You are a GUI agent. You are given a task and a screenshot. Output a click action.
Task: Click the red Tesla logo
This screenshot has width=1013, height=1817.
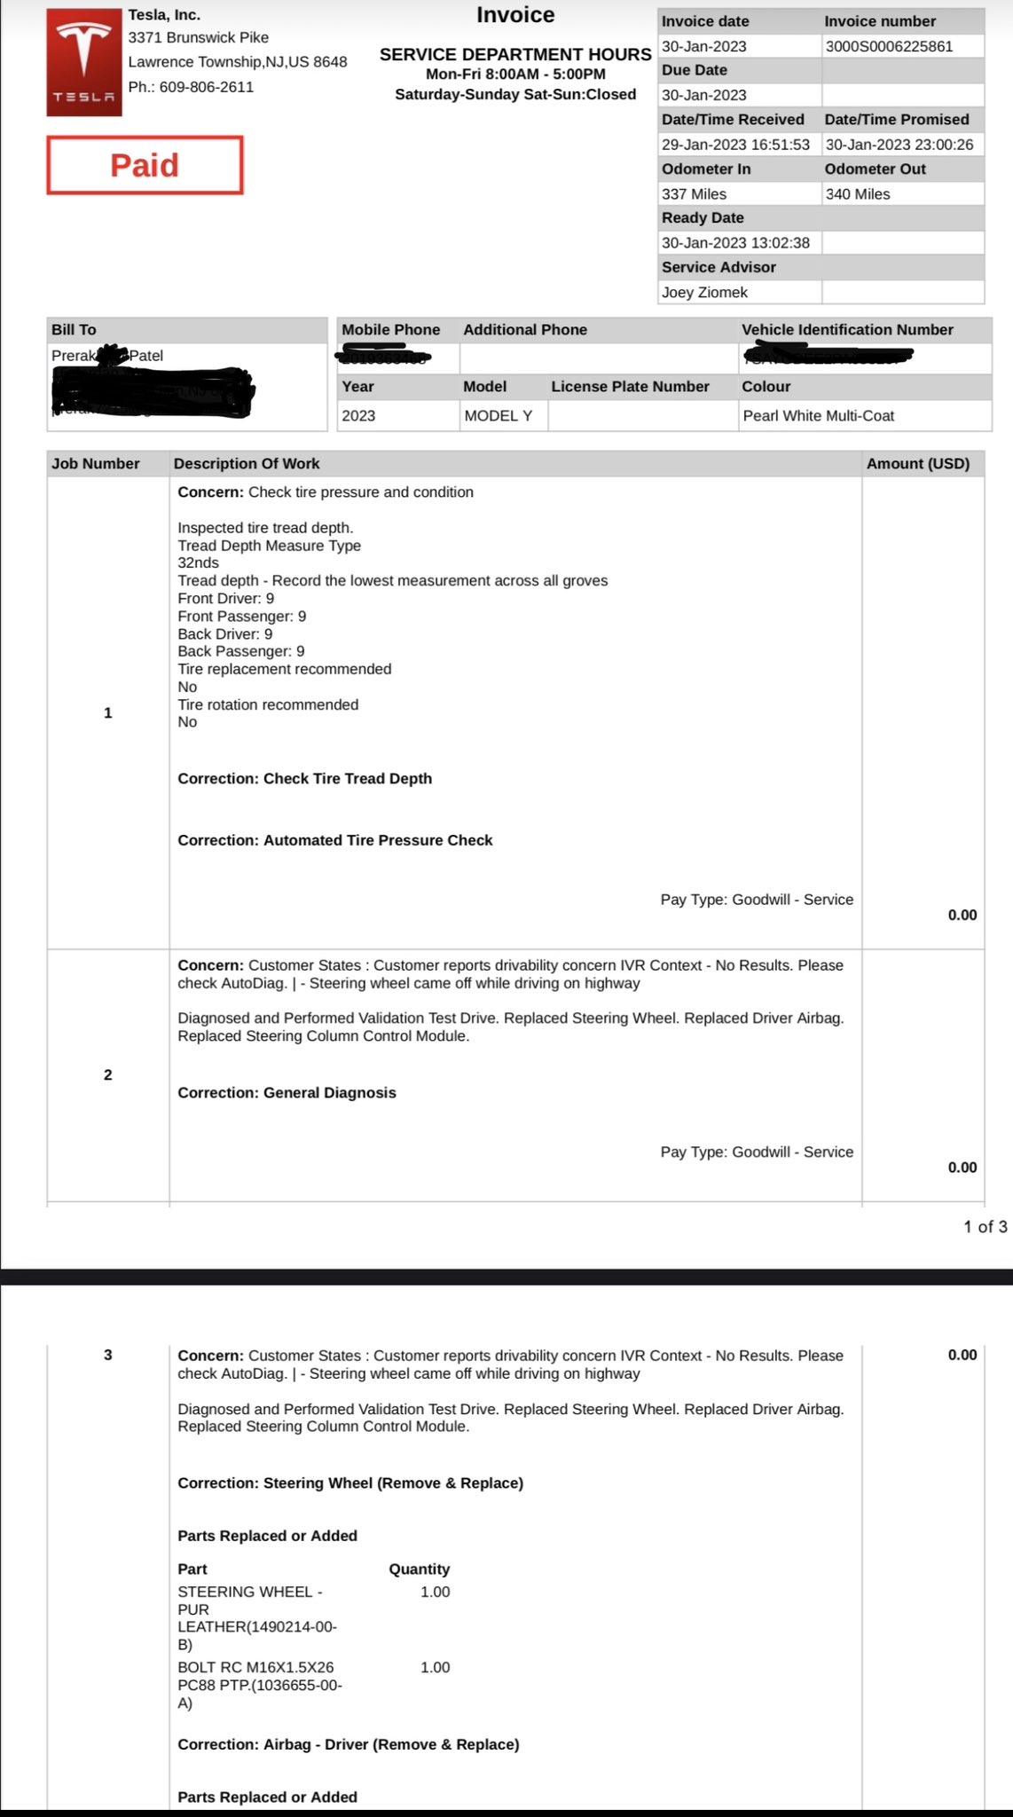(x=84, y=62)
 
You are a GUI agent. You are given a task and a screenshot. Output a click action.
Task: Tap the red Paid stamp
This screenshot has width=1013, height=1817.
(x=145, y=165)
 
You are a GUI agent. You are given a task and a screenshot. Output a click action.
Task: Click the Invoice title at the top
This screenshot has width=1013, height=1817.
(x=515, y=15)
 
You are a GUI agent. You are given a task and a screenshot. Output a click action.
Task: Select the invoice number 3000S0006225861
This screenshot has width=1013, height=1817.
(x=889, y=46)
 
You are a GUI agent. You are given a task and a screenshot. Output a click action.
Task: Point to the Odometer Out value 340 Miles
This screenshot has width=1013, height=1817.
(x=858, y=193)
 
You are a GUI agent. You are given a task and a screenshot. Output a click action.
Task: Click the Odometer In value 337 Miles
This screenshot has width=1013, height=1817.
(x=694, y=193)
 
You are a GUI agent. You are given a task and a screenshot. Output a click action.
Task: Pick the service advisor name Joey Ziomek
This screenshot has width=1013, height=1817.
(x=704, y=292)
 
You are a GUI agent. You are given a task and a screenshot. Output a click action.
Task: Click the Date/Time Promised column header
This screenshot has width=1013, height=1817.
(x=897, y=119)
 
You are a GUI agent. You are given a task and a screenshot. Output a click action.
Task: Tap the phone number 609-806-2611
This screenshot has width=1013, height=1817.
(x=207, y=87)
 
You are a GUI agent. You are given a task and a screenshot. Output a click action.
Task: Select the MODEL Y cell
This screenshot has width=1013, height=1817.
(x=499, y=415)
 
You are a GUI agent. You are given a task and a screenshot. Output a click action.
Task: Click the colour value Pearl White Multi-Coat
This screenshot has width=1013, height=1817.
(x=818, y=415)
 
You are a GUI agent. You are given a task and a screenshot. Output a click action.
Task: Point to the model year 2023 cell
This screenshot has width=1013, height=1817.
(x=358, y=415)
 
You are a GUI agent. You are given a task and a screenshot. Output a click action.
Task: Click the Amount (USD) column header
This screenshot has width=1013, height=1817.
(x=918, y=463)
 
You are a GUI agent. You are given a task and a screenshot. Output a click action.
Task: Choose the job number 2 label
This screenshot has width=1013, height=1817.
(x=108, y=1074)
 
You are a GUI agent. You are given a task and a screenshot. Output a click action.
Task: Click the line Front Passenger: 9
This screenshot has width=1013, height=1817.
(x=242, y=616)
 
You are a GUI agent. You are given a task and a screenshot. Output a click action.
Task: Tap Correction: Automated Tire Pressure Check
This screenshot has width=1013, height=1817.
(x=335, y=840)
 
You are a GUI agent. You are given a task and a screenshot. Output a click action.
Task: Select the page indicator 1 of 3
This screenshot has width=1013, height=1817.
(x=986, y=1226)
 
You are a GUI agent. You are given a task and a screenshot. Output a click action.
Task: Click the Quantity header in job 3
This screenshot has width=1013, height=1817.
(x=420, y=1569)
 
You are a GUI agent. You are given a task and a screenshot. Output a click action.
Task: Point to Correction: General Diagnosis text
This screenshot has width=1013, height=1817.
(x=287, y=1092)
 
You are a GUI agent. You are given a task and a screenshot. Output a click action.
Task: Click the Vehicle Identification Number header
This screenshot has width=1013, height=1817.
(x=847, y=329)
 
